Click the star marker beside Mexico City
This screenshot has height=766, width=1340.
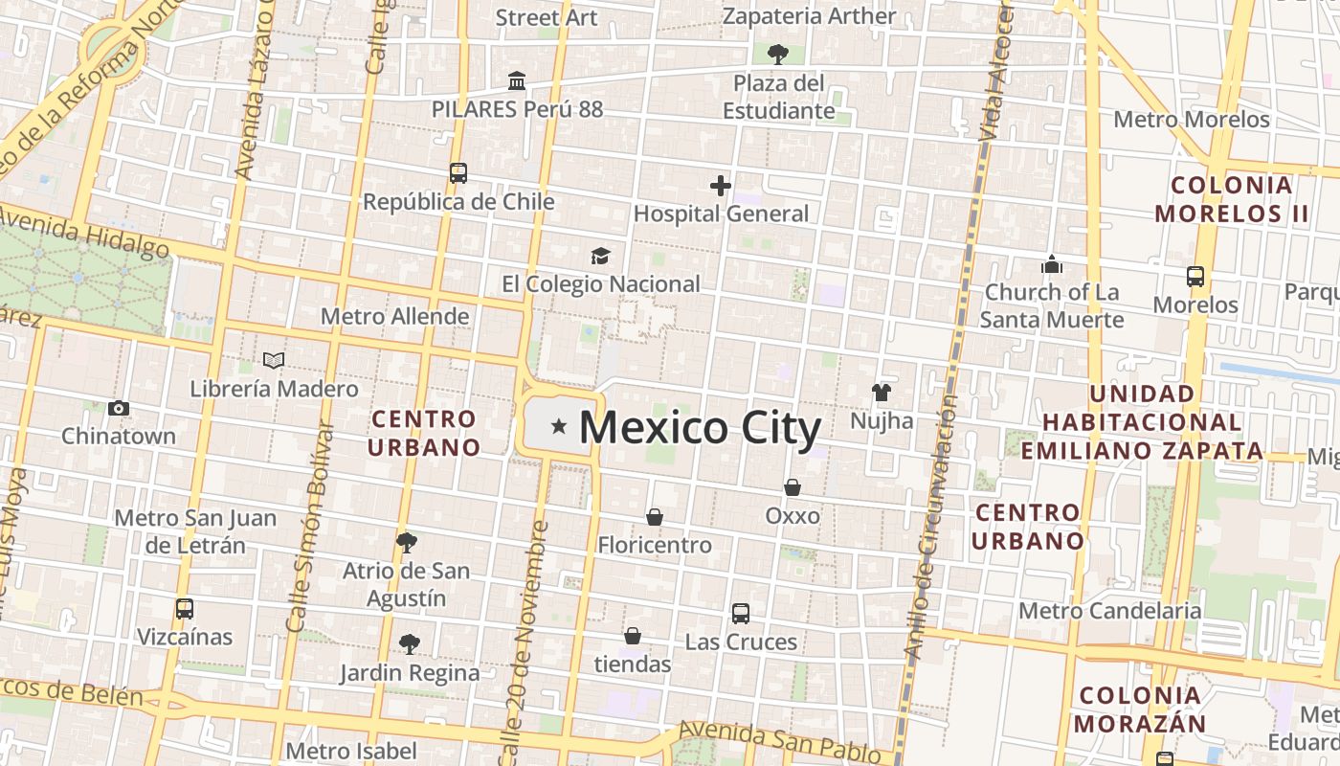pos(559,426)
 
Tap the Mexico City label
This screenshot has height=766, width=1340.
pos(700,428)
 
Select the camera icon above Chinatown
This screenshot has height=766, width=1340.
pos(119,409)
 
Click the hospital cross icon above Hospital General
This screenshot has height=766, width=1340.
pos(721,186)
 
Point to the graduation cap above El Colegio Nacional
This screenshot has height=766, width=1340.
pos(600,257)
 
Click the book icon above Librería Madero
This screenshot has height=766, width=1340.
pos(274,361)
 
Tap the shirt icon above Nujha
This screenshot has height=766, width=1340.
pos(882,393)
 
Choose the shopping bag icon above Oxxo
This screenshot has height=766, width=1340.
pos(793,487)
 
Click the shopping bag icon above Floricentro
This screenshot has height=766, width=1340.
pos(655,517)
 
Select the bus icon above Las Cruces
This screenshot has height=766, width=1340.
pos(741,614)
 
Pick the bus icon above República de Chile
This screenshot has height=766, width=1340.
pos(458,173)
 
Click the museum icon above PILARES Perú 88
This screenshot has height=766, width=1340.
pos(517,80)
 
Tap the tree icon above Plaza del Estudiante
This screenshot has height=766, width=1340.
pos(777,54)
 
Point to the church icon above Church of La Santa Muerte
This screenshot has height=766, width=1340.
pos(1052,264)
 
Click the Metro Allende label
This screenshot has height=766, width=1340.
pos(395,316)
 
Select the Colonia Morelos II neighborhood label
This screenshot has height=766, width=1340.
pos(1232,199)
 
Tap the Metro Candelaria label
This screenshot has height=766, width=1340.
pos(1110,611)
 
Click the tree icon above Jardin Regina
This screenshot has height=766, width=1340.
pos(410,644)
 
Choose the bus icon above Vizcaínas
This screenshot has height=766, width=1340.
pos(185,609)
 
